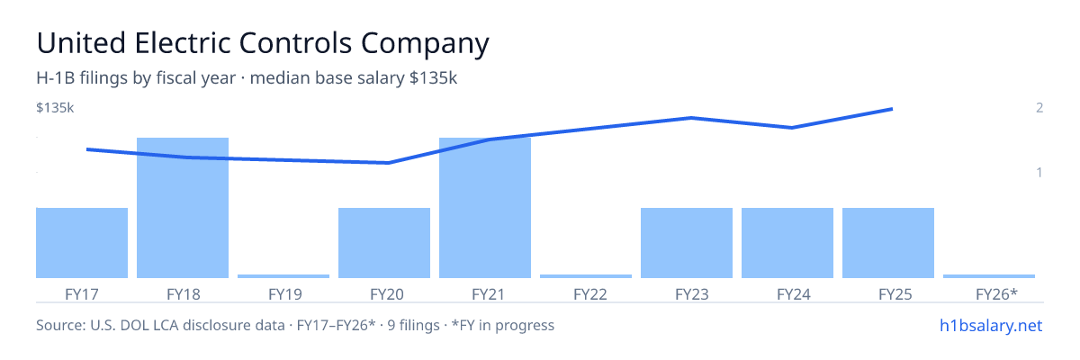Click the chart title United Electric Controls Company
pyautogui.click(x=263, y=44)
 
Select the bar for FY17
pyautogui.click(x=82, y=243)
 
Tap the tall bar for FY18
pyautogui.click(x=183, y=208)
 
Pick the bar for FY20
pyautogui.click(x=384, y=243)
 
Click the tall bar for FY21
pyautogui.click(x=485, y=208)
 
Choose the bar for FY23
pyautogui.click(x=687, y=243)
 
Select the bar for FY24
pyautogui.click(x=787, y=243)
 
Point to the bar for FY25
pyautogui.click(x=888, y=243)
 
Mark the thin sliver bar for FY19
pyautogui.click(x=283, y=276)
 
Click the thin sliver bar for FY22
pyautogui.click(x=586, y=276)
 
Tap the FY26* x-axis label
pyautogui.click(x=996, y=294)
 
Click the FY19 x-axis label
pyautogui.click(x=285, y=294)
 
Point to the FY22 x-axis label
pyautogui.click(x=590, y=294)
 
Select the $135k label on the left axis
pyautogui.click(x=55, y=107)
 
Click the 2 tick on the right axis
pyautogui.click(x=1039, y=107)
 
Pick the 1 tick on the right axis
pyautogui.click(x=1039, y=172)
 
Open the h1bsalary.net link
pyautogui.click(x=991, y=325)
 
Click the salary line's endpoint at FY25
pyautogui.click(x=892, y=109)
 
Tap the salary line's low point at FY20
pyautogui.click(x=389, y=163)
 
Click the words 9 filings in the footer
pyautogui.click(x=414, y=325)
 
